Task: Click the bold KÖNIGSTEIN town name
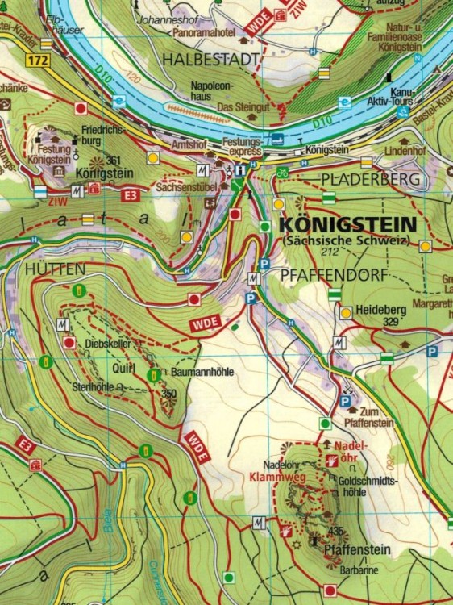347,224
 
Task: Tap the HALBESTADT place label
211,59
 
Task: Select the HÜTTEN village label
49,267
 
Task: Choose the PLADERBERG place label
372,178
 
